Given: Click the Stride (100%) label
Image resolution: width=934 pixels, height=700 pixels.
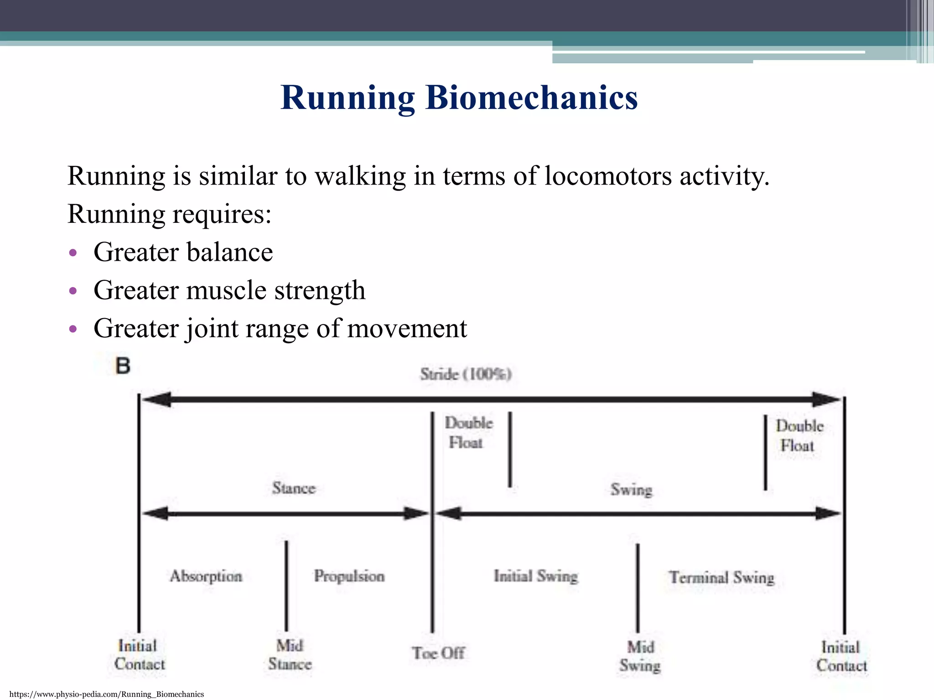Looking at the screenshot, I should [x=466, y=374].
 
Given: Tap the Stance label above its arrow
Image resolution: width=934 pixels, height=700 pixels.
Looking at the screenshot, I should [x=294, y=488].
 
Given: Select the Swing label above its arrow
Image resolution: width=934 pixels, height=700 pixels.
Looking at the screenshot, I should [x=631, y=489].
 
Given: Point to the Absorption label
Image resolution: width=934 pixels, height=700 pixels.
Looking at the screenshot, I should [x=206, y=576].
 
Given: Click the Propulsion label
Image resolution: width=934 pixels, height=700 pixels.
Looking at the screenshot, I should [x=349, y=576].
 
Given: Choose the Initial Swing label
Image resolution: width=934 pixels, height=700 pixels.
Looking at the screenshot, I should [x=535, y=576].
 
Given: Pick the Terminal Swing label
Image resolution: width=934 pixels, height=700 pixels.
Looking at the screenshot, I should [x=721, y=577].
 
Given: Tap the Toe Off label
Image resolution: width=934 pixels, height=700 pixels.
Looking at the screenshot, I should [x=438, y=653].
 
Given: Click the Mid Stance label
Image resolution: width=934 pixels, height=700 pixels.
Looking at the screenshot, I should [x=290, y=655].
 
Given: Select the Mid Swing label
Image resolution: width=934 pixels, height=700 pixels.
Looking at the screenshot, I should [x=640, y=656].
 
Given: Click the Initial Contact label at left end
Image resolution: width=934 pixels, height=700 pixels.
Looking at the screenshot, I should [x=139, y=655].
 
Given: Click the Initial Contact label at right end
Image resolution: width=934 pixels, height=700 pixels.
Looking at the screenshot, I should [x=841, y=656].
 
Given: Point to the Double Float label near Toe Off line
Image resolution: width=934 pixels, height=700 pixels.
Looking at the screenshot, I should [x=468, y=432].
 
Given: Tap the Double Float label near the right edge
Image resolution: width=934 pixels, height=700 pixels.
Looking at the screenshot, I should [x=799, y=436].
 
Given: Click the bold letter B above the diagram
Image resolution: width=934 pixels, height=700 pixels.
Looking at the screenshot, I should [x=122, y=366].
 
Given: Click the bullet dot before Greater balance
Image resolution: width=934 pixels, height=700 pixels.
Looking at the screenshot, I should [x=73, y=253].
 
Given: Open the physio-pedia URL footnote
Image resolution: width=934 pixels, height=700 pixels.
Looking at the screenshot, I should [x=107, y=694].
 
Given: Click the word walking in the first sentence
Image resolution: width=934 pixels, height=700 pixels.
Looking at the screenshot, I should [x=360, y=176].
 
